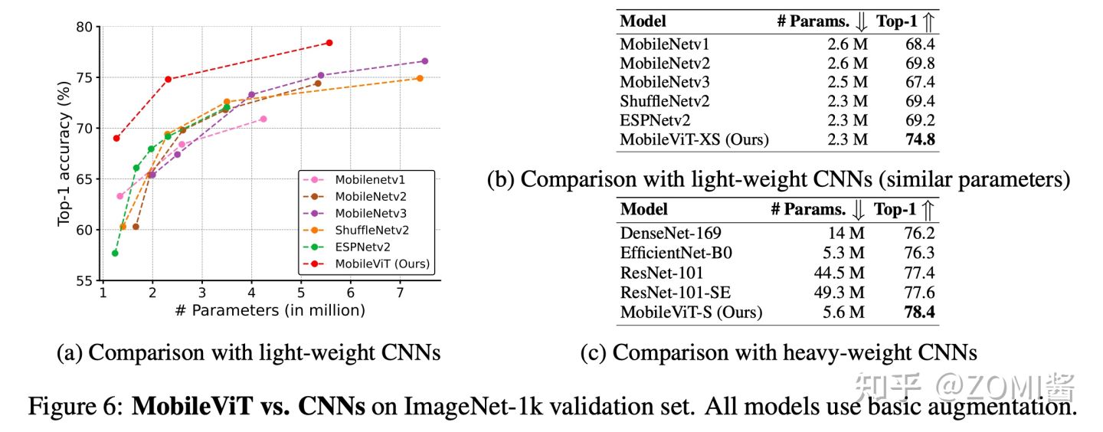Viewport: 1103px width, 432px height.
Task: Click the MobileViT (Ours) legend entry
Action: (382, 264)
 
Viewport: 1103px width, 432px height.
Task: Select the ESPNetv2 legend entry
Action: (363, 247)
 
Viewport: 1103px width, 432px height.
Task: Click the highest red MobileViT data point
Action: (329, 43)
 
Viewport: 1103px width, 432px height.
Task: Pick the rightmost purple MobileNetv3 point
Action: (424, 61)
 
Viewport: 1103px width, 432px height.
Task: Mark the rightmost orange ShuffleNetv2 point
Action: (420, 78)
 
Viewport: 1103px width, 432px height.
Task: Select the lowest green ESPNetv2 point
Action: (115, 253)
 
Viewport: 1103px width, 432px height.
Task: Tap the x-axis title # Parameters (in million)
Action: (270, 310)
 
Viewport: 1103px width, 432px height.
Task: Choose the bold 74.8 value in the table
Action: (918, 139)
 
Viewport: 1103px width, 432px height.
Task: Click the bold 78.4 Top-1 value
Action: (918, 312)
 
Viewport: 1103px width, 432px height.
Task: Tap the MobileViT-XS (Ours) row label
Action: (694, 139)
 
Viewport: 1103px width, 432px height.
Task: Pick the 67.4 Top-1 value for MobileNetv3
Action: (918, 82)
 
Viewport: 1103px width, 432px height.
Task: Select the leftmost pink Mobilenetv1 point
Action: (120, 196)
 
